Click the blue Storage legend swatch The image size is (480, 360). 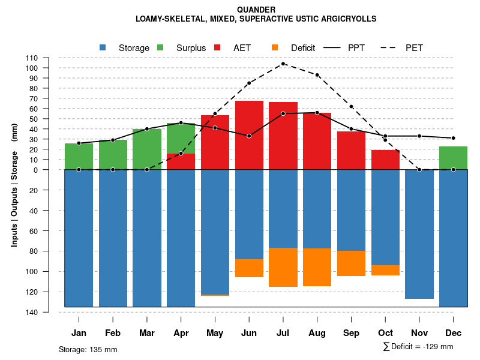click(103, 47)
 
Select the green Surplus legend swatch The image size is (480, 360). click(160, 47)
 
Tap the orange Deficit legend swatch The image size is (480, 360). click(275, 47)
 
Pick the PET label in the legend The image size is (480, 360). click(414, 47)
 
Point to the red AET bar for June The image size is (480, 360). click(249, 135)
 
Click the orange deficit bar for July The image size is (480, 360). click(283, 267)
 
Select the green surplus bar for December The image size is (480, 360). click(453, 158)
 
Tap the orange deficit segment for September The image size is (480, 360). click(351, 263)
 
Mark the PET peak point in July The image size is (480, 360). click(283, 64)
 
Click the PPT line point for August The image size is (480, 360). click(317, 112)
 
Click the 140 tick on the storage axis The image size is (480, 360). click(32, 312)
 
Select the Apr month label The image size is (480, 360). click(181, 333)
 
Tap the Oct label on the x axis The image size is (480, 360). click(385, 333)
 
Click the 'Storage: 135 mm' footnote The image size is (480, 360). click(88, 349)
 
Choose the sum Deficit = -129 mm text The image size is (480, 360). click(418, 347)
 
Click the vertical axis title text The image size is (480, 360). click(14, 185)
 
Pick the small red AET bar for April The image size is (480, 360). click(181, 161)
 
